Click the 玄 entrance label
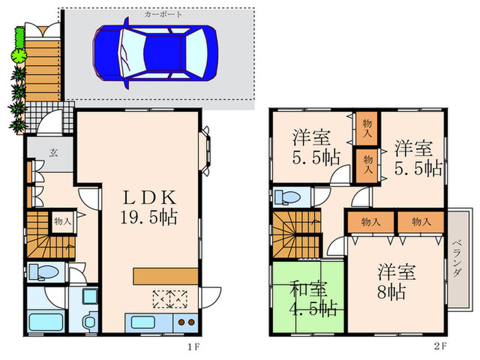(x=52, y=154)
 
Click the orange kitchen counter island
(x=166, y=276)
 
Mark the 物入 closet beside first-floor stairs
(x=62, y=222)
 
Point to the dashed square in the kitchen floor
(x=171, y=299)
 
